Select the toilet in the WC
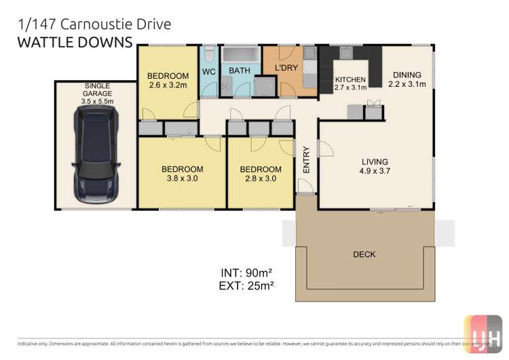pyautogui.click(x=209, y=54)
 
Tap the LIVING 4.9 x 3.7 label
pyautogui.click(x=375, y=166)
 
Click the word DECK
pyautogui.click(x=364, y=255)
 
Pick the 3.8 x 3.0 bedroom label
pyautogui.click(x=182, y=174)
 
